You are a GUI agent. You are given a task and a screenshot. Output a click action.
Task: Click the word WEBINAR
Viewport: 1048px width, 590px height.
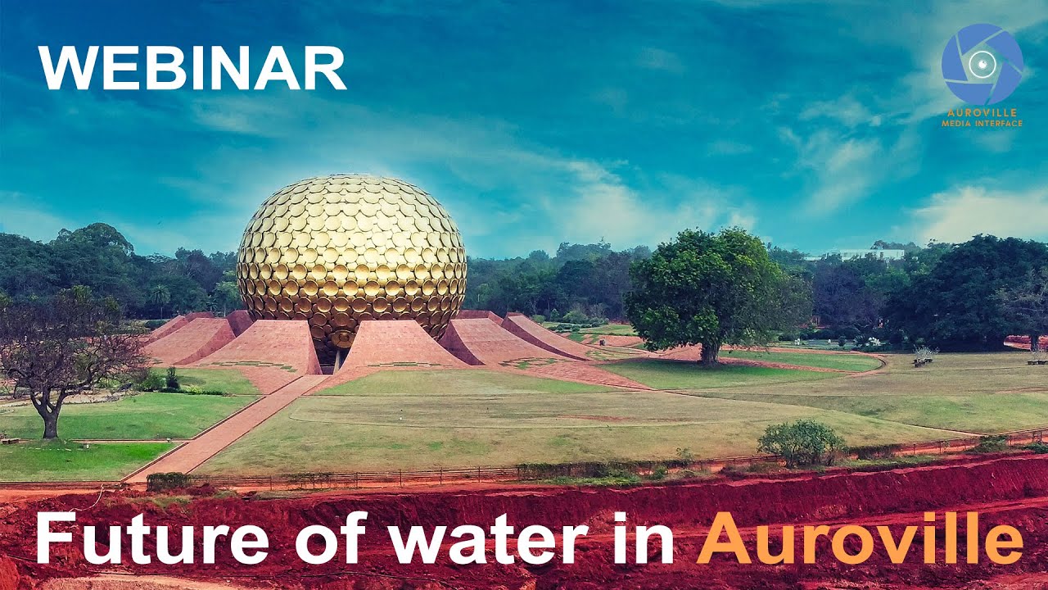coord(192,68)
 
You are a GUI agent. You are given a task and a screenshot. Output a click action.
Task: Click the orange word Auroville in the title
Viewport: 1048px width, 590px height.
coord(860,540)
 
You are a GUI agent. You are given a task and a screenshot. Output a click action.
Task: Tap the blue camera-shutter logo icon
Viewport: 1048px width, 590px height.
coord(982,64)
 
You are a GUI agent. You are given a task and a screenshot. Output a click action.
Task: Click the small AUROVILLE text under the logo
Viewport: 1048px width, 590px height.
coord(982,113)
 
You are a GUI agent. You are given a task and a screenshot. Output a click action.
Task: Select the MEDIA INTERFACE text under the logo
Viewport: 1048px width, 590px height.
coord(982,124)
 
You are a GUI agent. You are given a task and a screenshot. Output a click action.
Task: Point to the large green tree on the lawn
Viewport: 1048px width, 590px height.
coord(711,287)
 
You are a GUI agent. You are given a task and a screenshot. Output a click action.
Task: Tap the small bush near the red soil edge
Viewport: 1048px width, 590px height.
coord(801,443)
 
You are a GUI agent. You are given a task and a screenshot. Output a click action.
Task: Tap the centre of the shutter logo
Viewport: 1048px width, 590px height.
coord(982,64)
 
